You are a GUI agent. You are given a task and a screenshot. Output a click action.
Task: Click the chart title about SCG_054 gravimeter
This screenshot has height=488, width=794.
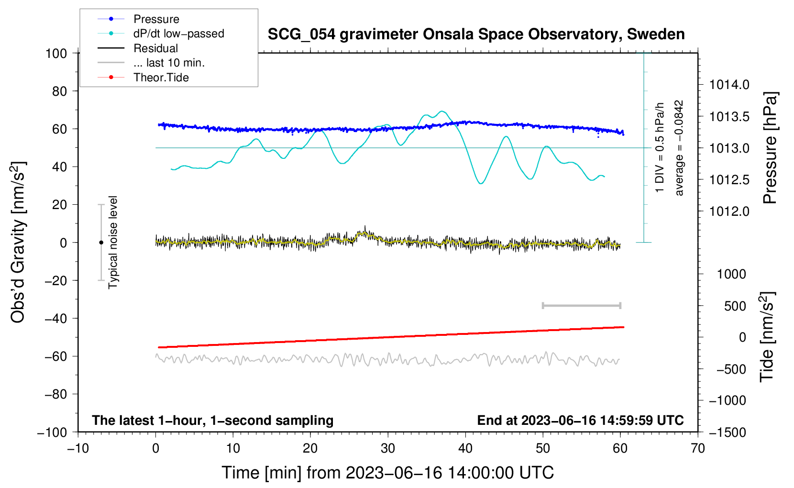tap(476, 34)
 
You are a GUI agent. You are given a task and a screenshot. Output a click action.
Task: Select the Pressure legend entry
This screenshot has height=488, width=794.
tap(156, 19)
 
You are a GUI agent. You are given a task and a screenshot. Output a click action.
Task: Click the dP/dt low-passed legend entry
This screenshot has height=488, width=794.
tap(178, 33)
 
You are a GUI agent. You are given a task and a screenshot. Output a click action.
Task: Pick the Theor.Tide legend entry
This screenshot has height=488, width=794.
tap(161, 78)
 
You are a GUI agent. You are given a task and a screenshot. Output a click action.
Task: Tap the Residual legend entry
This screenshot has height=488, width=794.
tap(155, 48)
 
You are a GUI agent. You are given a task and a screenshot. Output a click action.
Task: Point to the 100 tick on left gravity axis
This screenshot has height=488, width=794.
tap(56, 53)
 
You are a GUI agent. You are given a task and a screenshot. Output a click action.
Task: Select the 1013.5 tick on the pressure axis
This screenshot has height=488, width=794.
tap(729, 117)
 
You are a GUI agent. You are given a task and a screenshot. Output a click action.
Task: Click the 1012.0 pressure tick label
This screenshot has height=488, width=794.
tap(729, 211)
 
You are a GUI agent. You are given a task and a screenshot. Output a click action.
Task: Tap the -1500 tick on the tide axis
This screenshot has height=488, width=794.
tap(728, 433)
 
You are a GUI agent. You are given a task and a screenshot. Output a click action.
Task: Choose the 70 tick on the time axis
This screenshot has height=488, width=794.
tap(698, 449)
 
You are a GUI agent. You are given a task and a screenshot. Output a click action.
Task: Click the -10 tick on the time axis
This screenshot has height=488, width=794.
tap(78, 449)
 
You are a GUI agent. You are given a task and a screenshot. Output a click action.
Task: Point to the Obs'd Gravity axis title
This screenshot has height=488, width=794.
tap(18, 242)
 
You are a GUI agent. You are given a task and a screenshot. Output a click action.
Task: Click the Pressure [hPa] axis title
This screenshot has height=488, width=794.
tap(770, 148)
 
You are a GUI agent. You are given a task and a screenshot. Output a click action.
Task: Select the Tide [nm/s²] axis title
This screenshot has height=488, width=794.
tap(767, 337)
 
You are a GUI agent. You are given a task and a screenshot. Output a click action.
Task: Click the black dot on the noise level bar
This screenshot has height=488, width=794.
tap(101, 243)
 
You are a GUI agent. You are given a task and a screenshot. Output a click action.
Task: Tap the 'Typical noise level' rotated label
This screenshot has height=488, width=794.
tap(113, 242)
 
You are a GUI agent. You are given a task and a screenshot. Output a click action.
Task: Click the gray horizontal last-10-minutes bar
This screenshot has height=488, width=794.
tap(581, 305)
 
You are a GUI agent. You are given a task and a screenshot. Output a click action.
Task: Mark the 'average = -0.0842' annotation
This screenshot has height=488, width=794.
tap(679, 148)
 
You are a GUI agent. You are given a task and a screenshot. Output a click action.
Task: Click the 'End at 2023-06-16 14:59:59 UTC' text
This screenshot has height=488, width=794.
tap(580, 421)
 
